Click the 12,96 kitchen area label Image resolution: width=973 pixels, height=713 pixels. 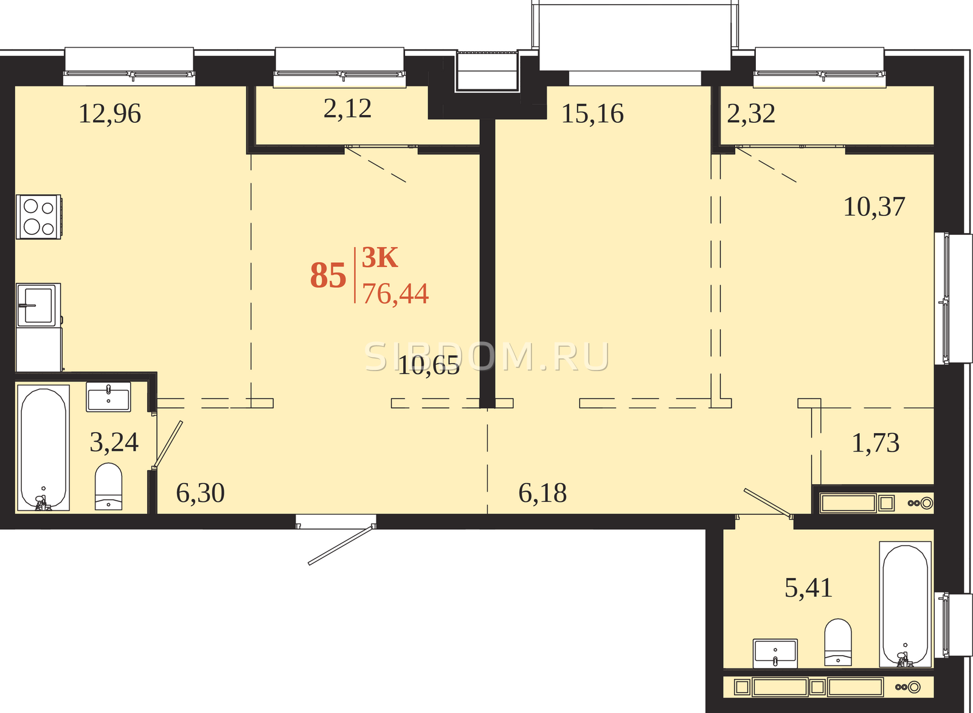(x=110, y=114)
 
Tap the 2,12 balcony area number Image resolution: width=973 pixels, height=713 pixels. (x=347, y=109)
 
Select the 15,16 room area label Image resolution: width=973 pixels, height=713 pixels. (x=592, y=114)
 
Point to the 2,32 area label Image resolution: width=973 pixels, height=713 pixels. (x=751, y=114)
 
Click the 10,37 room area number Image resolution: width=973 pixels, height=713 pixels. (x=874, y=207)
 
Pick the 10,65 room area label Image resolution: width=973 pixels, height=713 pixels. (x=429, y=365)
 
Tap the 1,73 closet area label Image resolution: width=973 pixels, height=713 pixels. (x=876, y=443)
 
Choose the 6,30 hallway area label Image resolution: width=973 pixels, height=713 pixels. (x=200, y=493)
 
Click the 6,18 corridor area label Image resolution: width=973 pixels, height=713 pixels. (x=542, y=493)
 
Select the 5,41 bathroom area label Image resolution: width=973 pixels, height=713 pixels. (x=808, y=588)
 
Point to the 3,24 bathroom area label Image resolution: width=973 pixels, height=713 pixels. (x=114, y=442)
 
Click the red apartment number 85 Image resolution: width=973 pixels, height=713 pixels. (x=328, y=276)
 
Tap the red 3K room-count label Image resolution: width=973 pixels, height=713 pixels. (x=379, y=258)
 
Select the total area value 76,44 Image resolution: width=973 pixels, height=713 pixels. (x=396, y=294)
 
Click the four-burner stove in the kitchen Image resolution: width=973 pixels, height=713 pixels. (x=39, y=217)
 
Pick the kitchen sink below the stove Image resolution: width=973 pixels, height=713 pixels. (x=38, y=305)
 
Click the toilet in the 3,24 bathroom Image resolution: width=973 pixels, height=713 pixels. (x=109, y=486)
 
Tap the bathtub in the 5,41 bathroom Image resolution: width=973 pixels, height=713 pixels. (x=905, y=604)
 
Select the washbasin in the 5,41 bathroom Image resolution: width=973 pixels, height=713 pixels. (x=775, y=653)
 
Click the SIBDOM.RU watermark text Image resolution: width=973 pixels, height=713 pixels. (x=487, y=357)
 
